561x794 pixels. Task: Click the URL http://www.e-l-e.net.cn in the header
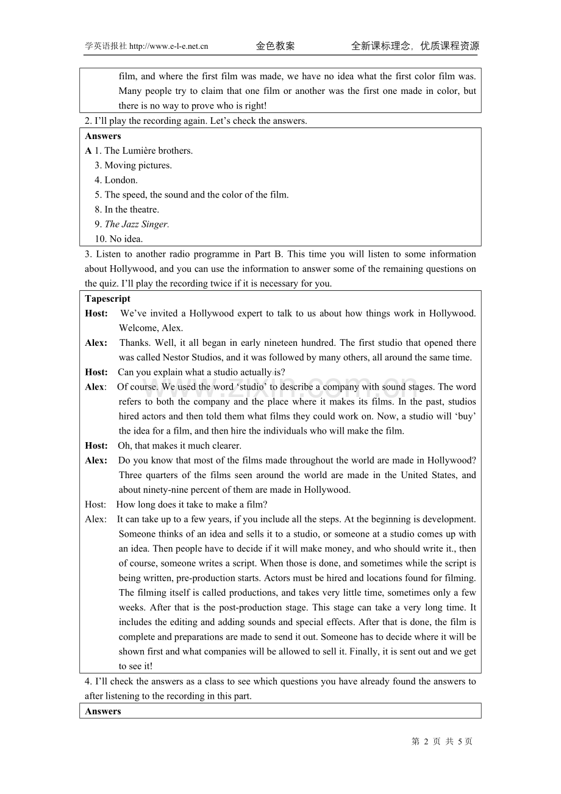click(169, 46)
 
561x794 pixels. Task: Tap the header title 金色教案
click(275, 46)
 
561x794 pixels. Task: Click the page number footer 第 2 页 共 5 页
click(442, 742)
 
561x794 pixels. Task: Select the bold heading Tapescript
click(107, 299)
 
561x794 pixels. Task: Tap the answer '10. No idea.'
click(118, 239)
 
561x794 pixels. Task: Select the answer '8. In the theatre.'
click(127, 210)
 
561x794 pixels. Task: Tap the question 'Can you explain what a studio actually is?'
click(201, 373)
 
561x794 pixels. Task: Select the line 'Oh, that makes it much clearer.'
click(179, 446)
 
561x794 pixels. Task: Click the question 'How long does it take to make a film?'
click(191, 504)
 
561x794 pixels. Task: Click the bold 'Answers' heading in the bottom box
click(103, 711)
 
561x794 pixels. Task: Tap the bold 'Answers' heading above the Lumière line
click(103, 136)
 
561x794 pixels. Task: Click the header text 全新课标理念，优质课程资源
click(415, 46)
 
